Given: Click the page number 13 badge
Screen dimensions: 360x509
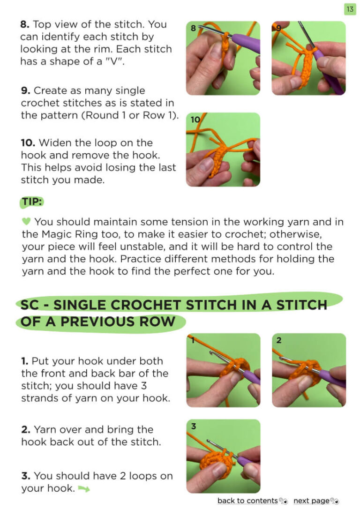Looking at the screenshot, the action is [x=350, y=9].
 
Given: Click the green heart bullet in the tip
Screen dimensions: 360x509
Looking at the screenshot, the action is [x=26, y=221].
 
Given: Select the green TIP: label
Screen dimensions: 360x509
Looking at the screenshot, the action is [x=32, y=202].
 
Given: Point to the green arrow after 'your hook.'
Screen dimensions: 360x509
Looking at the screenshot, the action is [x=84, y=488].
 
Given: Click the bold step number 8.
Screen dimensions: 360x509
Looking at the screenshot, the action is [x=25, y=24].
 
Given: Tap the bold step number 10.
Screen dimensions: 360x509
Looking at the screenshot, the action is [x=28, y=143].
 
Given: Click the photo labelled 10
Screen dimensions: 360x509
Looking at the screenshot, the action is [x=223, y=150].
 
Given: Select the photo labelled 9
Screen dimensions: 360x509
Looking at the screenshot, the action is [x=309, y=58].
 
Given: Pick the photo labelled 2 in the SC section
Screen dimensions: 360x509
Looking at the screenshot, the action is [x=309, y=370].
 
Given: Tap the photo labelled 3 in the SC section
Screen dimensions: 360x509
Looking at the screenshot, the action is [x=223, y=456].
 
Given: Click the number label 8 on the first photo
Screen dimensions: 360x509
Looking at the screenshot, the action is [x=193, y=28].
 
